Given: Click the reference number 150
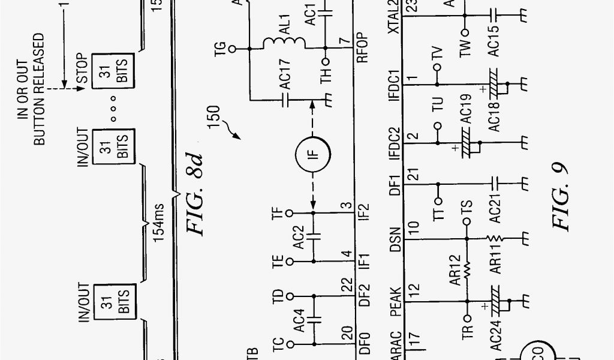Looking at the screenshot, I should (215, 121).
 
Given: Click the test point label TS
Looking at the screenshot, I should (466, 211).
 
